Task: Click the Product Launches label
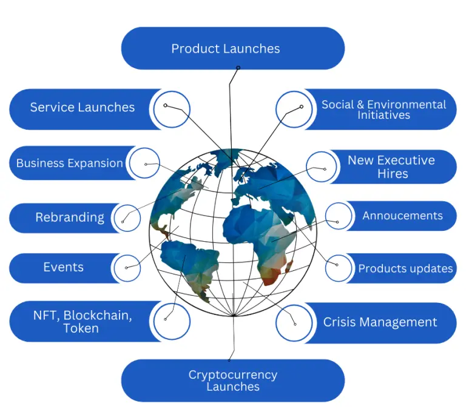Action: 226,48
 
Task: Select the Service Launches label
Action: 83,107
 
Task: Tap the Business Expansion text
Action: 69,163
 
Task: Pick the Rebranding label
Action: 70,217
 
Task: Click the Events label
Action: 63,267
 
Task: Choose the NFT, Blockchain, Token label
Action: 81,322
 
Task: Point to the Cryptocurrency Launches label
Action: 232,380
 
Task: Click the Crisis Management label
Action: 380,322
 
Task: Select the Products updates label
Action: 405,268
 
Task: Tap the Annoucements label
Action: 402,216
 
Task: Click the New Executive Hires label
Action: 391,167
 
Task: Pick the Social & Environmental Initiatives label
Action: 383,109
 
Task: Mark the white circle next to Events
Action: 128,267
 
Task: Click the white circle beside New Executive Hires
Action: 322,167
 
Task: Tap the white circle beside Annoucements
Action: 340,216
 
